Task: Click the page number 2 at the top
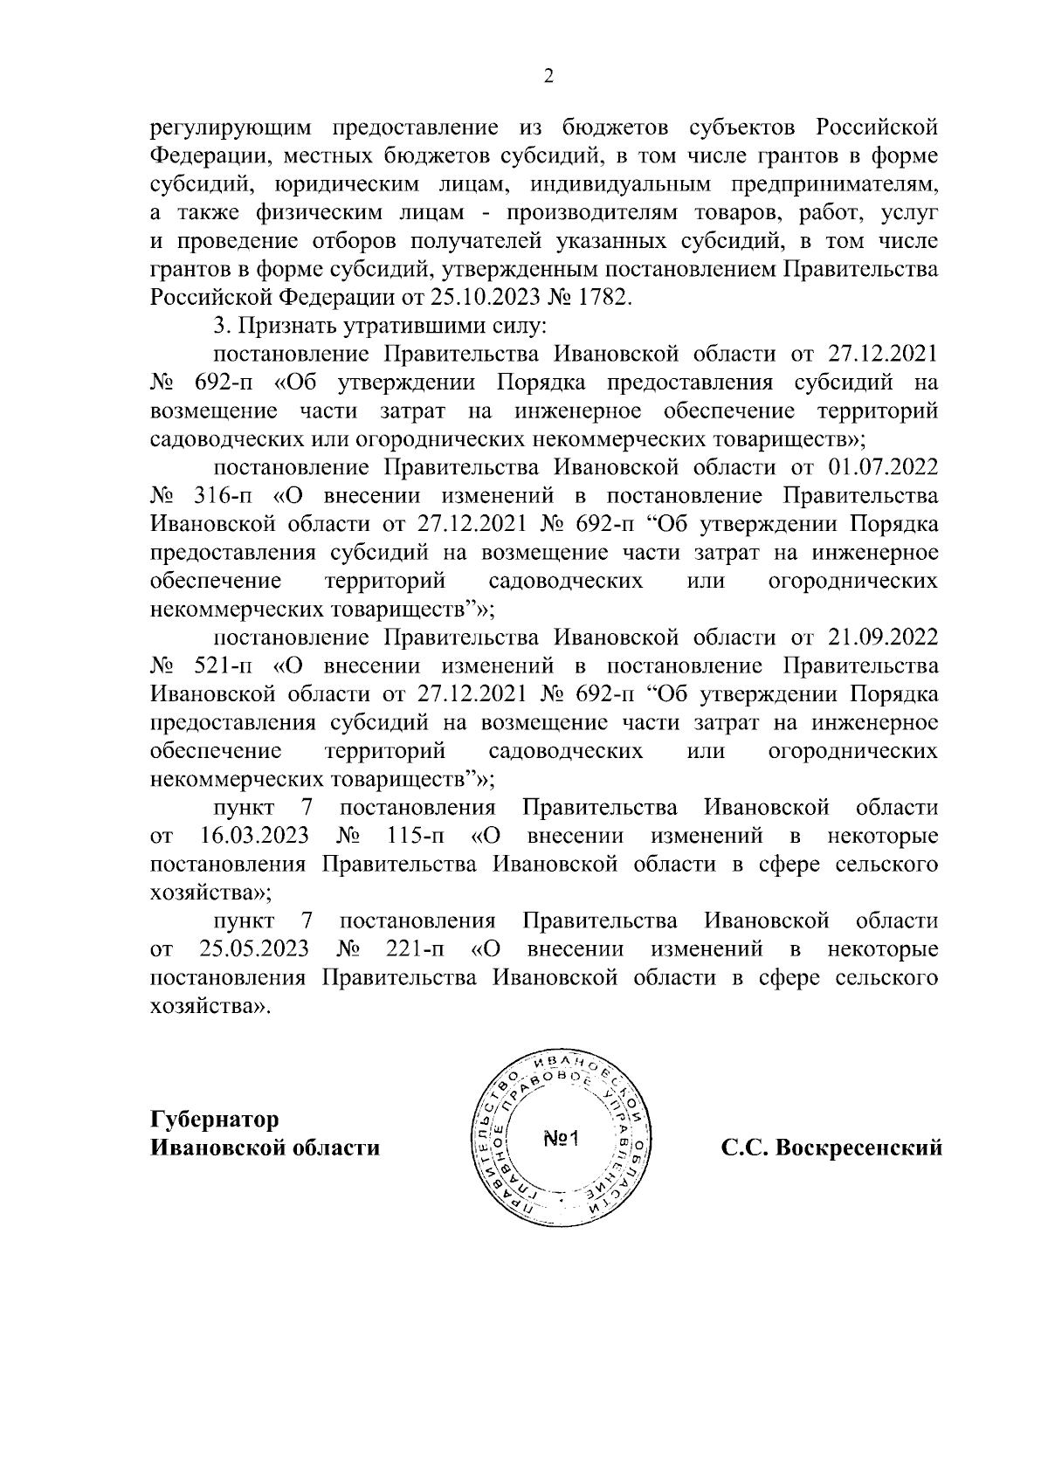(x=548, y=76)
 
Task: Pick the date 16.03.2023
(x=254, y=836)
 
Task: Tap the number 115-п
(x=415, y=836)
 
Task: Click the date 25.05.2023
(x=254, y=949)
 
